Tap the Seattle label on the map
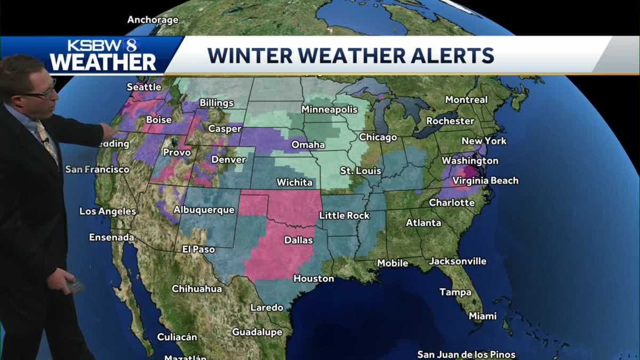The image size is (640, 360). (x=144, y=87)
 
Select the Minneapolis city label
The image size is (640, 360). (x=329, y=109)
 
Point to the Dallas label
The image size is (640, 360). (x=298, y=240)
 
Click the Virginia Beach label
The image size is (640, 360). (x=485, y=181)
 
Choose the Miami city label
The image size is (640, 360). (x=483, y=316)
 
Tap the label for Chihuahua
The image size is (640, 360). (x=197, y=289)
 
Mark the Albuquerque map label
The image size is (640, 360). (x=204, y=210)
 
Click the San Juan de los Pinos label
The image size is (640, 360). (x=466, y=355)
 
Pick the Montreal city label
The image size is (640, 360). (x=466, y=100)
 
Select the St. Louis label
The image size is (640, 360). (x=361, y=171)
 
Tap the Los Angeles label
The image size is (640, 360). (x=108, y=211)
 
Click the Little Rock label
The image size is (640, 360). (x=344, y=215)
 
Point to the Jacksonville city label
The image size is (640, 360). (x=458, y=261)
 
